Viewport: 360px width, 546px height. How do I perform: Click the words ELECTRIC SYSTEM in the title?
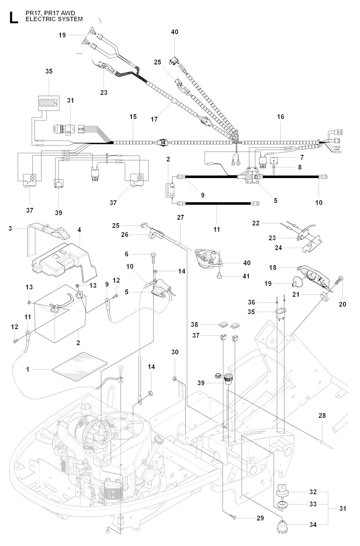54,19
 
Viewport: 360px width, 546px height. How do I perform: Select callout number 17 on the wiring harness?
154,119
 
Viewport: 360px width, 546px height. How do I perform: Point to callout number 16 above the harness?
280,116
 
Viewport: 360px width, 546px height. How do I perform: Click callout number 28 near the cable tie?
322,415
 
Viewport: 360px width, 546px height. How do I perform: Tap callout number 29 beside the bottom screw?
260,518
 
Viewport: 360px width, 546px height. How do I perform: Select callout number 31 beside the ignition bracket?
343,508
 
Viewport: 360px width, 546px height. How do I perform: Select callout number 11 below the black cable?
217,229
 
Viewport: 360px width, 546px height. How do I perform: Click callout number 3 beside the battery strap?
10,229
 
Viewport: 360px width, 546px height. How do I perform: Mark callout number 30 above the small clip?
175,352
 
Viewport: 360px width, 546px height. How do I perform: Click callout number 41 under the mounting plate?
246,276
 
